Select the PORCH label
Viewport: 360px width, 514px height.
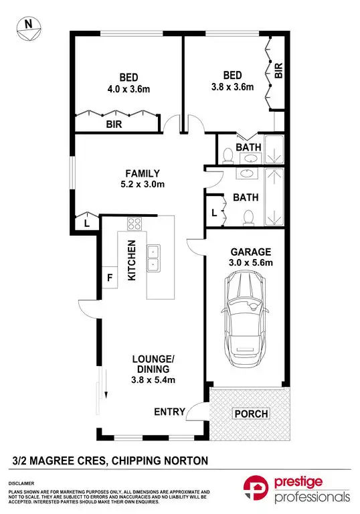[x=250, y=414]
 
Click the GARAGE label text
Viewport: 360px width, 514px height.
[x=251, y=252]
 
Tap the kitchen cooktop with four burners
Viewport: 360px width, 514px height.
[x=134, y=224]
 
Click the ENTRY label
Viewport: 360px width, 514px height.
[x=169, y=412]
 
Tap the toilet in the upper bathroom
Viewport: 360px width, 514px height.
[x=229, y=155]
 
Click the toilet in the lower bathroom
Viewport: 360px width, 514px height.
[x=249, y=216]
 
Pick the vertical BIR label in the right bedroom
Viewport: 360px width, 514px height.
[x=278, y=70]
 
